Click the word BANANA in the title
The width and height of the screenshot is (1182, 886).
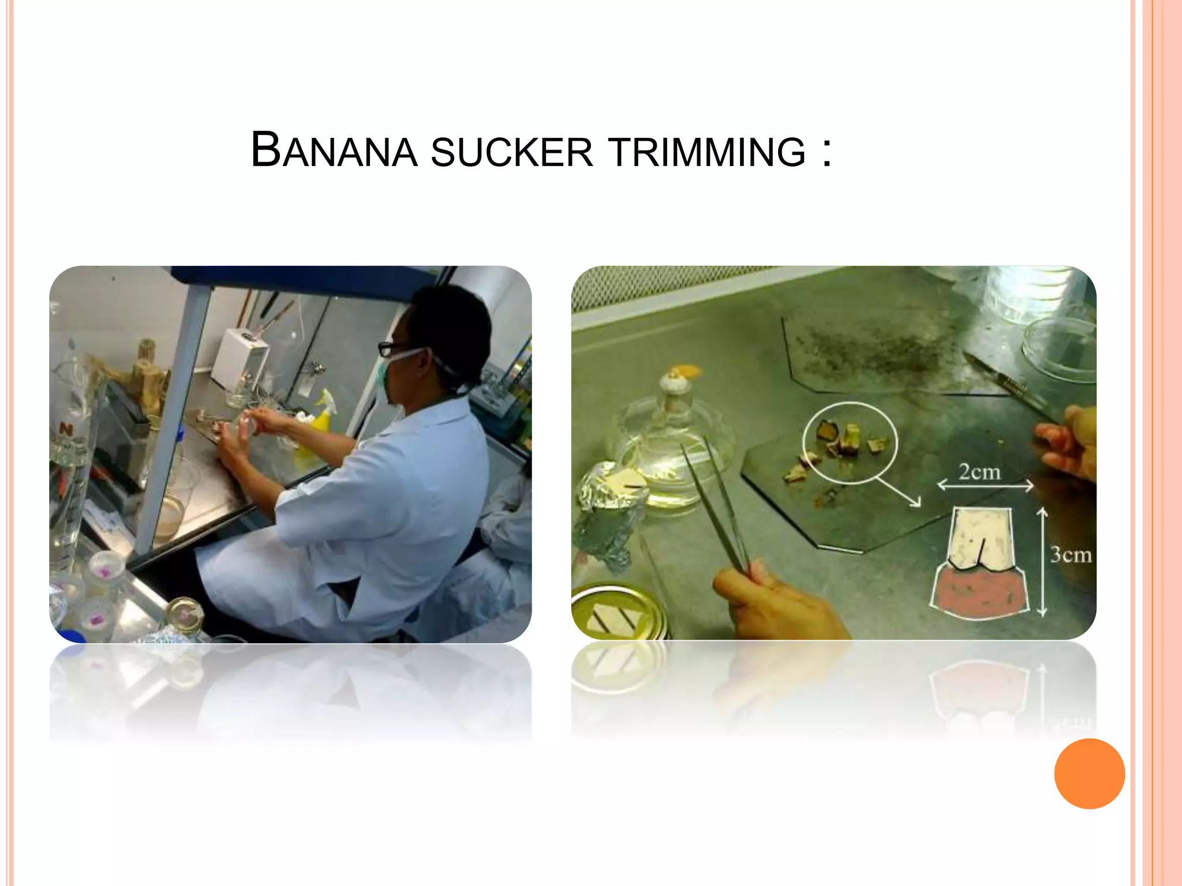[x=334, y=151]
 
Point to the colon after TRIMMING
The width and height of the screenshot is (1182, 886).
[x=827, y=153]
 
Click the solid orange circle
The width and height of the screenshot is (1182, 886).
[x=1089, y=774]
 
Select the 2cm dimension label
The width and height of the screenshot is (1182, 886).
[x=979, y=472]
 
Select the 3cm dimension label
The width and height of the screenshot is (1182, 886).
[x=1071, y=555]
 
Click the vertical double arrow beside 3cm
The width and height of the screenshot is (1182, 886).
[x=1042, y=562]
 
